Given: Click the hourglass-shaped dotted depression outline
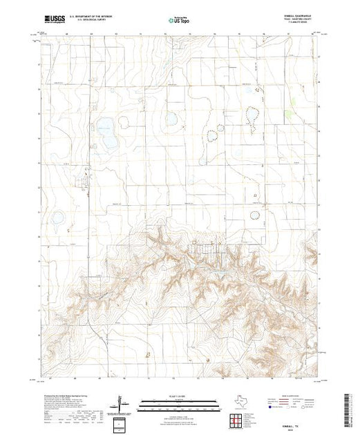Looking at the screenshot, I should click(253, 119).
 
